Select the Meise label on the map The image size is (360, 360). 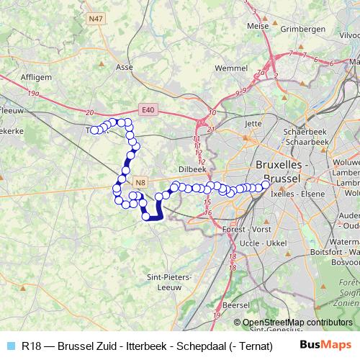257,26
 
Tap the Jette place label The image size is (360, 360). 253,123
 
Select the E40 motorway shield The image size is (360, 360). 148,109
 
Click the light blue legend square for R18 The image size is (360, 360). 10,346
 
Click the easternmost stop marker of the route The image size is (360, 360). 265,184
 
